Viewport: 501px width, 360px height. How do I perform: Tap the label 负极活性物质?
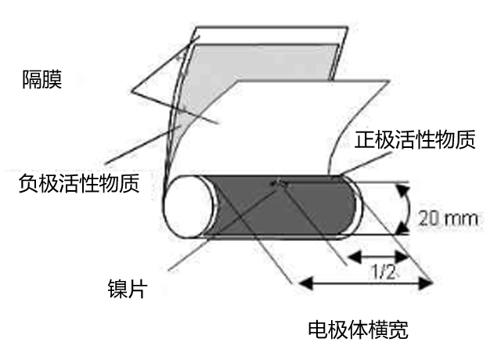coord(79,185)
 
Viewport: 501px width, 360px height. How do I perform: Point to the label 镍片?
coord(129,290)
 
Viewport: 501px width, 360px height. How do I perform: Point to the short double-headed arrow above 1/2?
coord(377,255)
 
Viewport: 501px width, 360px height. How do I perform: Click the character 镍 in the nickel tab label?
coord(119,290)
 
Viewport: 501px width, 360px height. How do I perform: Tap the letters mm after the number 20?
coord(459,218)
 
